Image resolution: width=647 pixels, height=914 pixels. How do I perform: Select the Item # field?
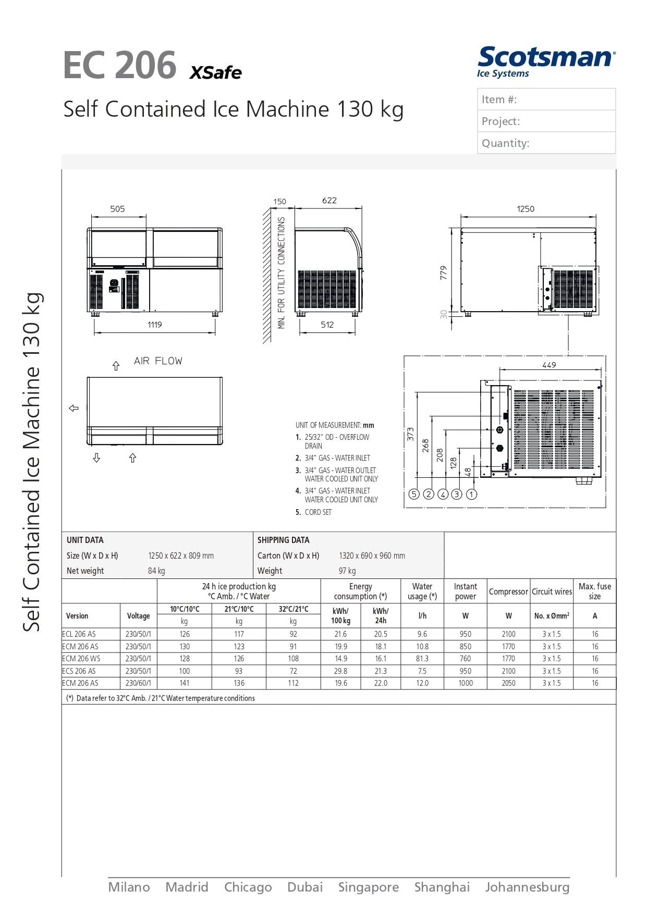(546, 100)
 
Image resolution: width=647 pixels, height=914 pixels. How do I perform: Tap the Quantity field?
(546, 143)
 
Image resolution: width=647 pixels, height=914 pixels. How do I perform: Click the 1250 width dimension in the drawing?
(525, 209)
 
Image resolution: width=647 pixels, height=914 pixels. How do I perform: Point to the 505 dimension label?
(117, 209)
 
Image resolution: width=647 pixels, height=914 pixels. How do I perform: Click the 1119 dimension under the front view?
(154, 325)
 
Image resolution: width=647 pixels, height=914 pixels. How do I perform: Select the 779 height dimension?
(444, 273)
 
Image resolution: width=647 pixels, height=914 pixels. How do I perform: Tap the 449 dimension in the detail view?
(549, 365)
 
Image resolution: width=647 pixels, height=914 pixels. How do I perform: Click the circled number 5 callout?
(414, 494)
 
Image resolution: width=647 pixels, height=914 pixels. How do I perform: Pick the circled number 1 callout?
(471, 494)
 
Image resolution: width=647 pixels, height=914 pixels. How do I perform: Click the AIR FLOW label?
(158, 361)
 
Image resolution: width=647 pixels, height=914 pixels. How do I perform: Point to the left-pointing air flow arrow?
(74, 408)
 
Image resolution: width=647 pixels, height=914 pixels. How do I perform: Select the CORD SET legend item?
(318, 512)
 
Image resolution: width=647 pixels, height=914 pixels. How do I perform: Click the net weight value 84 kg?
(156, 571)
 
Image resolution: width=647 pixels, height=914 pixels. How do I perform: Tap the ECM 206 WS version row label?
(81, 659)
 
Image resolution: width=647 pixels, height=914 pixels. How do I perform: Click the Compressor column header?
(508, 591)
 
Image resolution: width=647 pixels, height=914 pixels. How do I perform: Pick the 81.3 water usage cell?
(422, 659)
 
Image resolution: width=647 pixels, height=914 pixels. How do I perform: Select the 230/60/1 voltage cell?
(138, 683)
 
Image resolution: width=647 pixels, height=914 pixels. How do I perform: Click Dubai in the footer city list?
(305, 887)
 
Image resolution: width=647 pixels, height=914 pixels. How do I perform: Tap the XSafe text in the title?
(215, 72)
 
